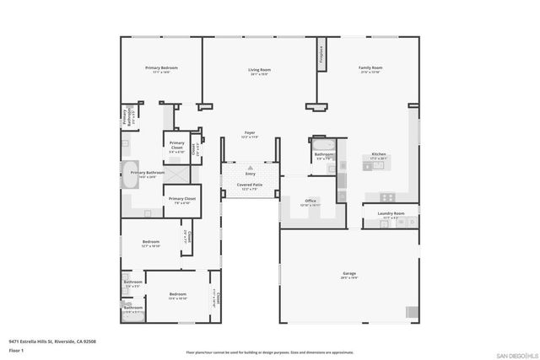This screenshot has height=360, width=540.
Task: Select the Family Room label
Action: click(370, 67)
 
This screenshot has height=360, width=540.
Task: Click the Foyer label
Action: click(250, 133)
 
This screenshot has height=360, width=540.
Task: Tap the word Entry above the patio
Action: click(250, 173)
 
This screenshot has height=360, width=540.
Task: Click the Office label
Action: click(310, 201)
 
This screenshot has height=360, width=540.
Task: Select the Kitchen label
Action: click(379, 154)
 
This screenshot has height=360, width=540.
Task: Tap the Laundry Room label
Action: click(391, 214)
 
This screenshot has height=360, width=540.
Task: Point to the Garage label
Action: click(348, 274)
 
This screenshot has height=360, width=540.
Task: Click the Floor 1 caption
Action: click(16, 349)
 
